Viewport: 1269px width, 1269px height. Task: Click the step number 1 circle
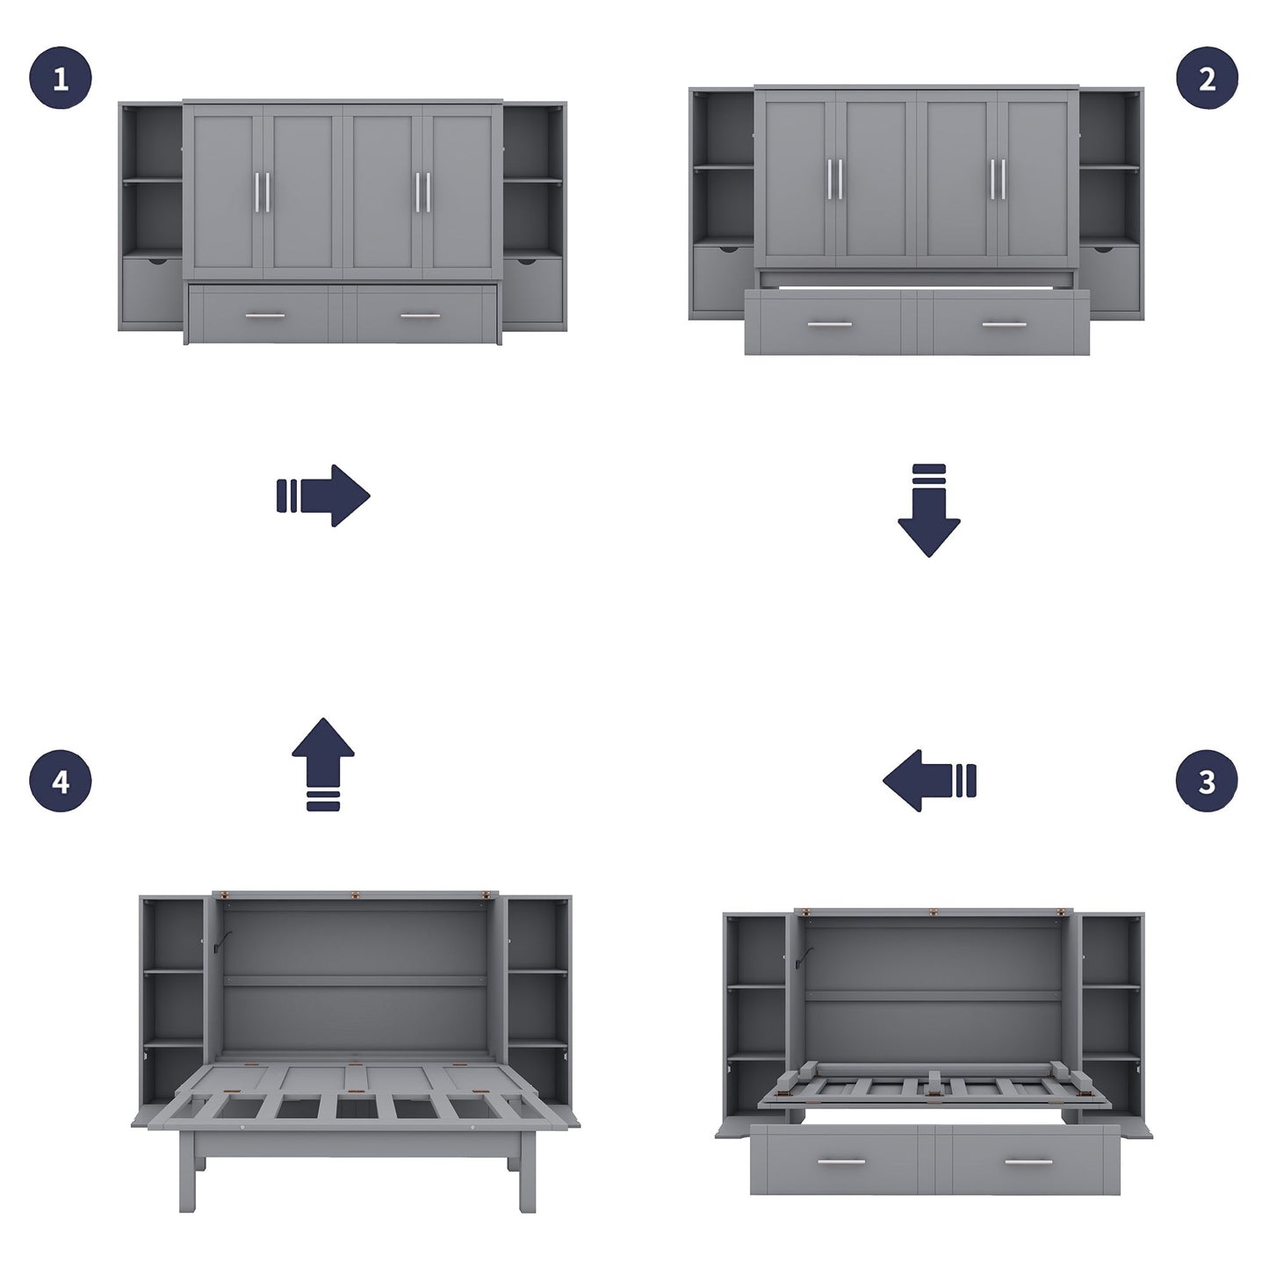pos(60,79)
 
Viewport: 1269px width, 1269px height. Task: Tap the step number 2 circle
pos(1208,79)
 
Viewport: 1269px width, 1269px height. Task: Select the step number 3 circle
pos(1208,781)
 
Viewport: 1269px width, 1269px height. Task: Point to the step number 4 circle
pos(60,781)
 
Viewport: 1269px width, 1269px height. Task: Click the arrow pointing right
pos(323,495)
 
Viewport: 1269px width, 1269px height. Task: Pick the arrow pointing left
pos(929,780)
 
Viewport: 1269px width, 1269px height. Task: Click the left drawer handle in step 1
pos(264,315)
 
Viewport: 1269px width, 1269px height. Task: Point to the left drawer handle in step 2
pos(830,325)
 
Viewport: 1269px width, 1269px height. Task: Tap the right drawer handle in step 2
pos(1005,325)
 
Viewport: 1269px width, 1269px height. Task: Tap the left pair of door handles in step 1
pos(263,191)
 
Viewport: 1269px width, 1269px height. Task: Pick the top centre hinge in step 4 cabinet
pos(356,895)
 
